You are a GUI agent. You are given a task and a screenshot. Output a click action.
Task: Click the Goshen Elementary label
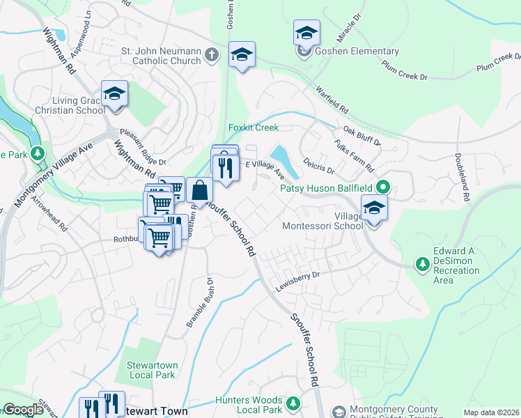355,51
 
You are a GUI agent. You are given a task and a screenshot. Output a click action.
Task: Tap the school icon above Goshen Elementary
305,33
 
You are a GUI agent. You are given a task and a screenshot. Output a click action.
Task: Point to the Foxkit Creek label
254,127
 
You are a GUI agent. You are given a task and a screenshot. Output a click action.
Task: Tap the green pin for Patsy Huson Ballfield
382,187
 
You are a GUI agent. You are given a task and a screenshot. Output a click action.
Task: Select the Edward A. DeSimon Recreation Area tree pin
422,263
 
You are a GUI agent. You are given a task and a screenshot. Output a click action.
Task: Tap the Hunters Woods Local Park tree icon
293,402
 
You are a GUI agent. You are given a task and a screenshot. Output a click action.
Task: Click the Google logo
23,410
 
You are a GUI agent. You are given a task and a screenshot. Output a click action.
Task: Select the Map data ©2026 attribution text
491,412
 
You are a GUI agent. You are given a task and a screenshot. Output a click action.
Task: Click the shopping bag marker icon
199,189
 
